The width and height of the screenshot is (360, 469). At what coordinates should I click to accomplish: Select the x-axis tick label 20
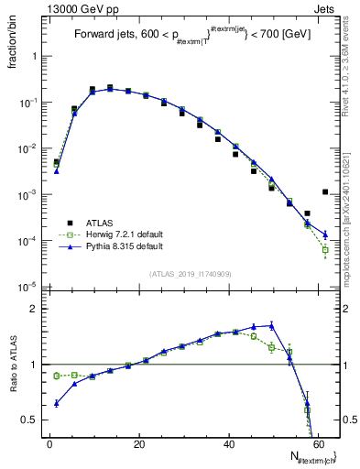pyautogui.click(x=138, y=444)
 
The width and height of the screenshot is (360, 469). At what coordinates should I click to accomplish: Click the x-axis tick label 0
pyautogui.click(x=49, y=444)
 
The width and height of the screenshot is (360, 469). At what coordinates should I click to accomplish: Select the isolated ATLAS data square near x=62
pyautogui.click(x=325, y=192)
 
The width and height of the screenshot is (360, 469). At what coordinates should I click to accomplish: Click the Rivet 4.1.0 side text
pyautogui.click(x=352, y=69)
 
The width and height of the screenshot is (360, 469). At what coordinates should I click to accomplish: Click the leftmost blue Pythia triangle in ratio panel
pyautogui.click(x=57, y=403)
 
